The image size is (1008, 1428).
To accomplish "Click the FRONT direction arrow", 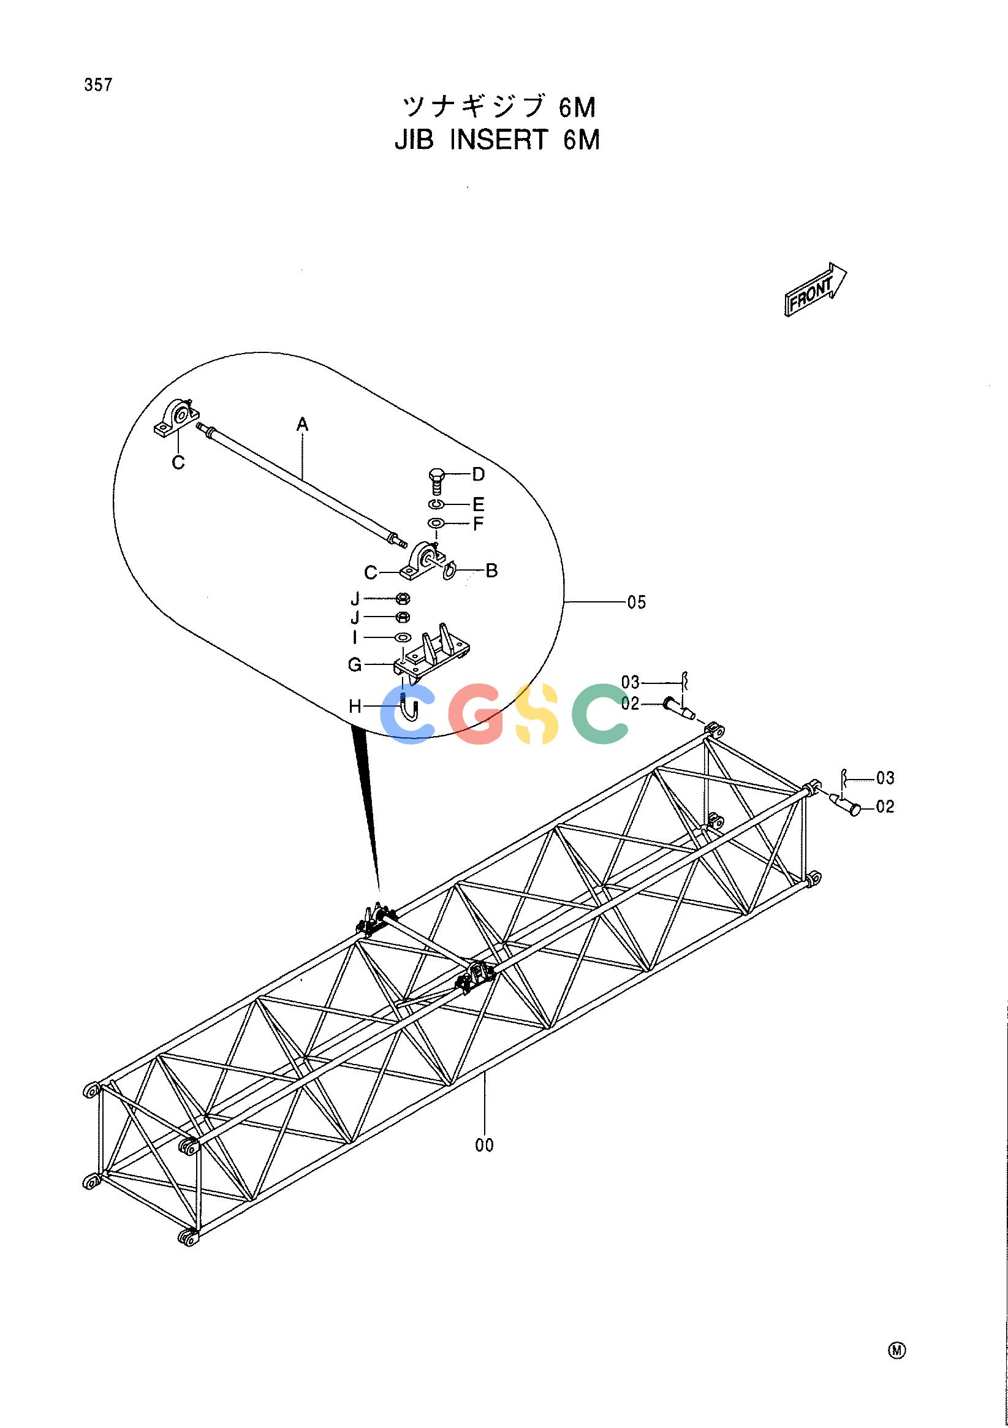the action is point(815,291).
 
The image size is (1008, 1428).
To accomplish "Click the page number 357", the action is point(99,85).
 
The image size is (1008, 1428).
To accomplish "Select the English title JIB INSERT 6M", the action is point(498,140).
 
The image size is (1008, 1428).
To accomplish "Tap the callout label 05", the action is point(637,602).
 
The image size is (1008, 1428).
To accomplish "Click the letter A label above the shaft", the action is point(302,425).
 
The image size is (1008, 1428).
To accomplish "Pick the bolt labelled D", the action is point(436,482).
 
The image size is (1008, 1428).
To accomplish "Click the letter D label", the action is point(478,475).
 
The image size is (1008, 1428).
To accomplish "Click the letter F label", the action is point(478,523).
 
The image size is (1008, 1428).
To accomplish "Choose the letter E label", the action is point(478,504).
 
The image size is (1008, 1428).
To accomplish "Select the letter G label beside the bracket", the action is point(354,665).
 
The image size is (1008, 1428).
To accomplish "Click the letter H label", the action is point(355,706).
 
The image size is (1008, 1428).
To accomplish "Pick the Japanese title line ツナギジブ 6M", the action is point(499,107).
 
